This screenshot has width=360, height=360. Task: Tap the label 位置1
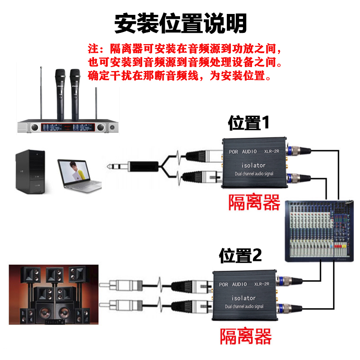click(x=248, y=122)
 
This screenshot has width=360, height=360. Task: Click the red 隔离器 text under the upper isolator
click(x=254, y=202)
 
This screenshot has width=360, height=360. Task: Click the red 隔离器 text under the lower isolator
click(x=246, y=336)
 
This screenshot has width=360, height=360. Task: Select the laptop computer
click(x=79, y=173)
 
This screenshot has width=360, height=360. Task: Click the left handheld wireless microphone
click(x=60, y=94)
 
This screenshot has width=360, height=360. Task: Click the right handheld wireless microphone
click(x=74, y=94)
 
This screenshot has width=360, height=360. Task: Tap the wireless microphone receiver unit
click(x=67, y=127)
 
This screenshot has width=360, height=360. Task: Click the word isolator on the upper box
click(x=253, y=165)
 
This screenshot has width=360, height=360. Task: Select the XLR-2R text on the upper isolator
click(x=272, y=152)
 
